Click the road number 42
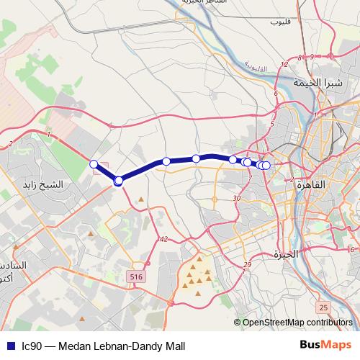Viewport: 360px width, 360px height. [x=164, y=239]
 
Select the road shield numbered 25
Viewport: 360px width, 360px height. [x=323, y=307]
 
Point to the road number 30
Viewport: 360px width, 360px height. [x=237, y=198]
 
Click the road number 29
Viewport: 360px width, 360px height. [x=247, y=266]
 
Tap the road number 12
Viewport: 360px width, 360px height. [x=284, y=65]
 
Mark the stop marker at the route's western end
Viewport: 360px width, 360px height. [x=94, y=164]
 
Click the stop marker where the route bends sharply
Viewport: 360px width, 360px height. [x=118, y=181]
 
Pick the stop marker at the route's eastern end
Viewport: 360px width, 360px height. [x=266, y=166]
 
